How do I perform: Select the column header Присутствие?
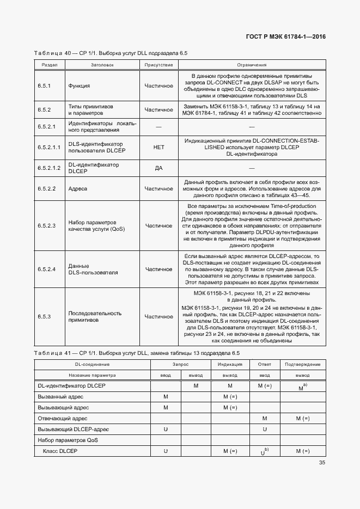[x=158, y=65]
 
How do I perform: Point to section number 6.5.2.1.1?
[x=50, y=148]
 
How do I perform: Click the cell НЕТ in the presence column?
[x=158, y=148]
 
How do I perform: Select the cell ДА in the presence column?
[x=158, y=168]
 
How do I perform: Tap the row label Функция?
[x=79, y=86]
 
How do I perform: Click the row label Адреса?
[x=78, y=189]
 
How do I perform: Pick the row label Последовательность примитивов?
[x=95, y=317]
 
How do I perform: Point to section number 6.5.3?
[x=44, y=317]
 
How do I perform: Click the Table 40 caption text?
[x=111, y=53]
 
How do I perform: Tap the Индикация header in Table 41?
[x=230, y=364]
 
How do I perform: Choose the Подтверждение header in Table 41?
[x=302, y=364]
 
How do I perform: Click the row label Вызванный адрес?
[x=60, y=397]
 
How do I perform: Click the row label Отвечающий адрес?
[x=63, y=418]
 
